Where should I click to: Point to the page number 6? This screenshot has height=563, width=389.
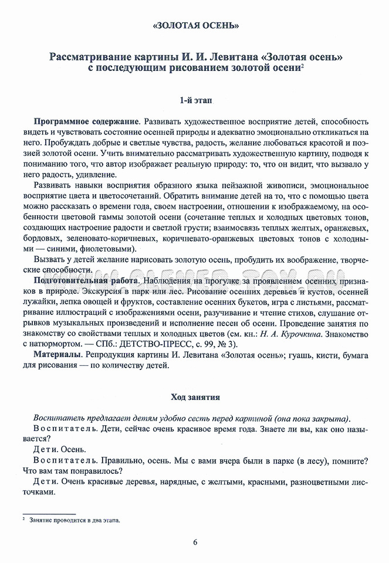point(195,541)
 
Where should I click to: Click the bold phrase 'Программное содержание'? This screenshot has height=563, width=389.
point(86,120)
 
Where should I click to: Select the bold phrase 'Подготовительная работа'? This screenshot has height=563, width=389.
point(87,281)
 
